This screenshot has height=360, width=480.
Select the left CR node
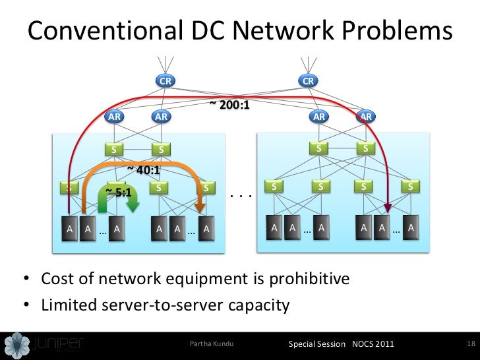(165, 81)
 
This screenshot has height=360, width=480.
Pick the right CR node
(307, 81)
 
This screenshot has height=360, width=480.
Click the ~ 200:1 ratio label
(229, 104)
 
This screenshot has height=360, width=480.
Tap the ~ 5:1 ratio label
(119, 193)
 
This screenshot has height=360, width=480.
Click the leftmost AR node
(115, 117)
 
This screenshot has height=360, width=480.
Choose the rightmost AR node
(366, 117)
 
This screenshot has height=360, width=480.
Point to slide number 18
(470, 344)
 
